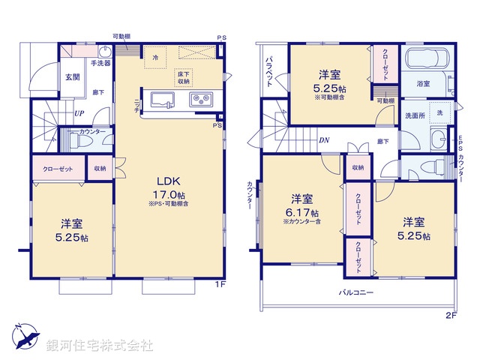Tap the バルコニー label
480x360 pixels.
point(355,291)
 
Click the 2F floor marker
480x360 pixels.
point(450,315)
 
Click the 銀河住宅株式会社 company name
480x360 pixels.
point(100,346)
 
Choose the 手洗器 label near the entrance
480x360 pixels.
point(101,64)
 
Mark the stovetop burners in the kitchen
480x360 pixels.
point(201,98)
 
